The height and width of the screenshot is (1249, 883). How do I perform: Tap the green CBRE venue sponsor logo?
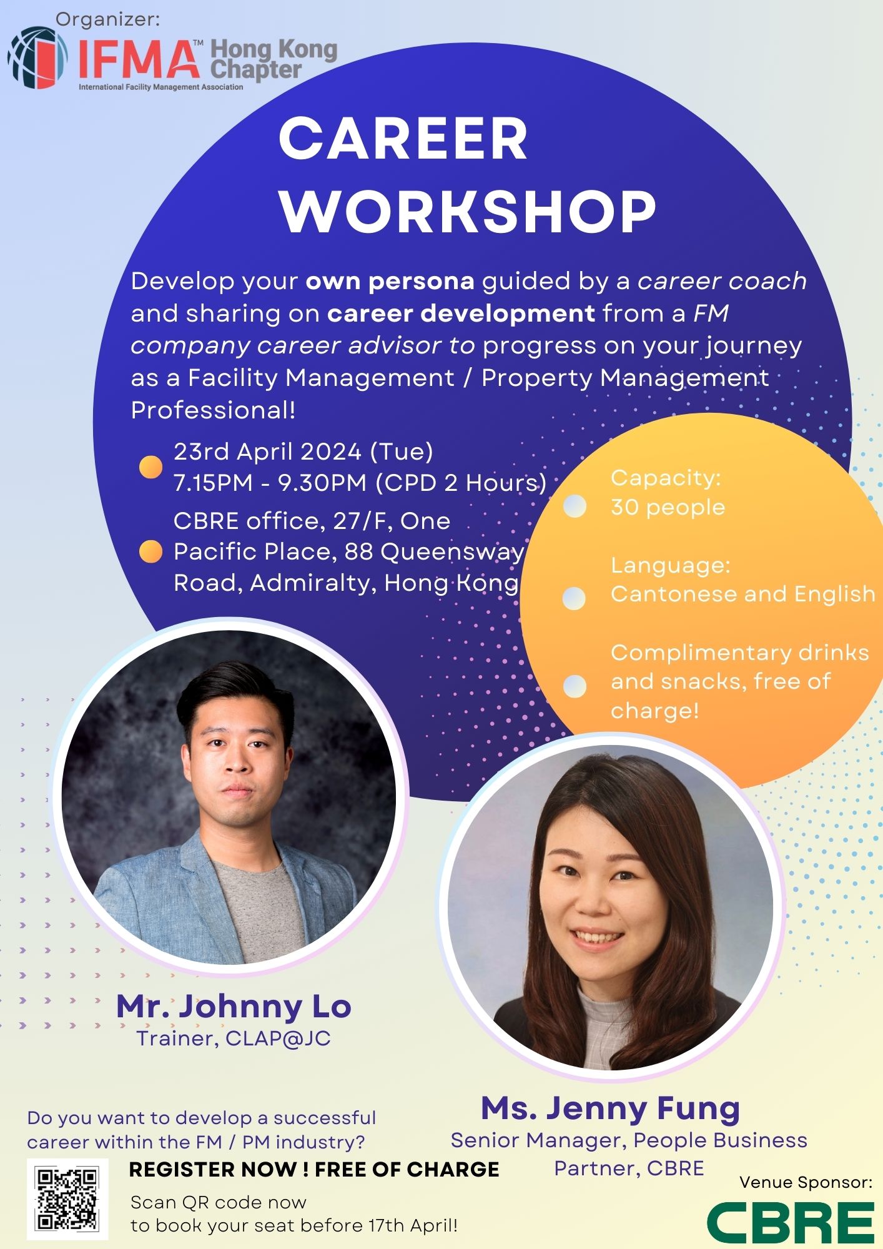[791, 1223]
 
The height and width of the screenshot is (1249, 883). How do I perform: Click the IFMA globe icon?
[38, 57]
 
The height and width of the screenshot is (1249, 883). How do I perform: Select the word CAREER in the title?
[403, 139]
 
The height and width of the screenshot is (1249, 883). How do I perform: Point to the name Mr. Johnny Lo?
[234, 1006]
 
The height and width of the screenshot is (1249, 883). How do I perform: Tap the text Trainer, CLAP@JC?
[234, 1038]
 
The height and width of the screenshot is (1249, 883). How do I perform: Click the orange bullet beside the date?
[150, 467]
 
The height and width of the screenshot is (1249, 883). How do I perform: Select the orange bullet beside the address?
[150, 551]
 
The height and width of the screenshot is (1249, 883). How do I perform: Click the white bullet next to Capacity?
[575, 506]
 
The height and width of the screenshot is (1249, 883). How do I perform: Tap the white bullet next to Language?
[575, 598]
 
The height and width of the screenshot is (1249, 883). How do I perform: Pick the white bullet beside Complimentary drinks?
[575, 686]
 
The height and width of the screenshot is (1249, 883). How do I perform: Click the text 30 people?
[668, 507]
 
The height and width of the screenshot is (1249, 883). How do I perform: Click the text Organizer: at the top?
[108, 19]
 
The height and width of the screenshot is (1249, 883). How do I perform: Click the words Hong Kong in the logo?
[274, 49]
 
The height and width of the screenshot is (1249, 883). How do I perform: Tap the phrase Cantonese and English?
[743, 594]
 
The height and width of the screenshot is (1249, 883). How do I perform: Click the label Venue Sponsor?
[806, 1182]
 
